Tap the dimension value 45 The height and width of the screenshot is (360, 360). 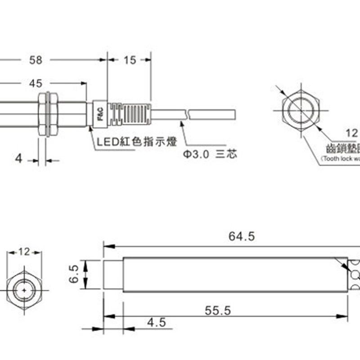(36, 83)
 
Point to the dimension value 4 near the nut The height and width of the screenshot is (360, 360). (18, 159)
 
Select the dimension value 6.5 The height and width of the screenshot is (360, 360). (74, 274)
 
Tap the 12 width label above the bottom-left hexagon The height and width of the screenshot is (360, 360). (24, 252)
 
